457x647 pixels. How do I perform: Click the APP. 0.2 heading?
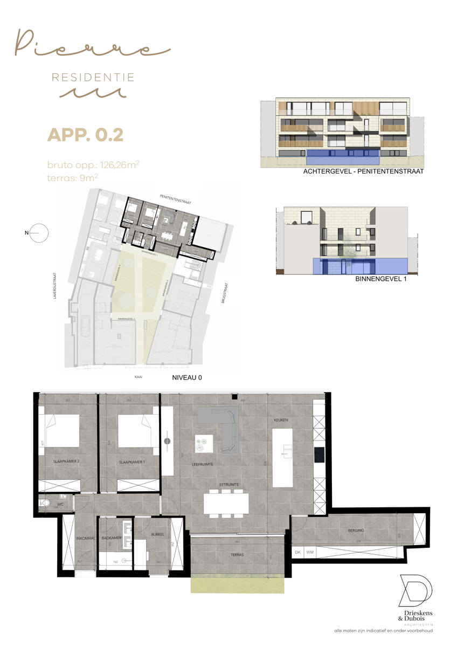85,134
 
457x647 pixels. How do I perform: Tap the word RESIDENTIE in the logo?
93,78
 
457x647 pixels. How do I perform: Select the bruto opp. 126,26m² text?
93,164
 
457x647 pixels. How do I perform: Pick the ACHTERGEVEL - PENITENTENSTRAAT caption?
364,171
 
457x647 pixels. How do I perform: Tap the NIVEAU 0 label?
186,378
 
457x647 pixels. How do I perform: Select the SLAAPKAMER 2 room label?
66,462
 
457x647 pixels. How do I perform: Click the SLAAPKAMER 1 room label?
129,462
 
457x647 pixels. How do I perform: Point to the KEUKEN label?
281,419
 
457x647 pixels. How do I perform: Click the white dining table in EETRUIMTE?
226,504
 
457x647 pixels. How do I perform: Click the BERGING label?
356,531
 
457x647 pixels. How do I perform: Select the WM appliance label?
309,552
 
